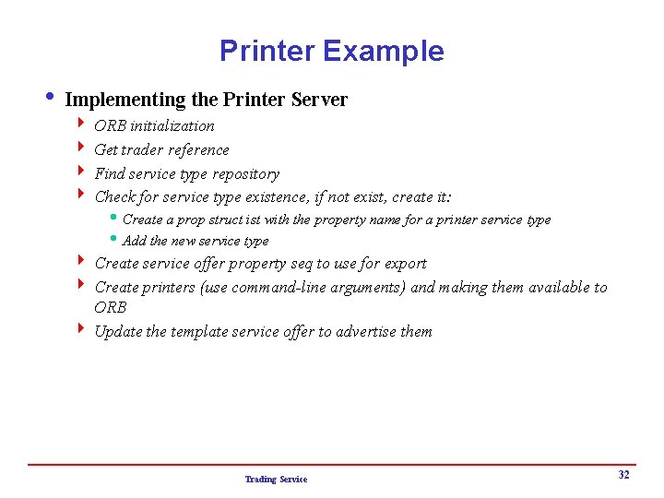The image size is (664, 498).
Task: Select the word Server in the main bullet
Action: pyautogui.click(x=319, y=99)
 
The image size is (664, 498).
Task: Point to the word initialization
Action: pyautogui.click(x=172, y=125)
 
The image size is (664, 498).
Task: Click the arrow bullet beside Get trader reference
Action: pyautogui.click(x=82, y=148)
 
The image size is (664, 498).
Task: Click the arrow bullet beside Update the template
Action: pyautogui.click(x=82, y=329)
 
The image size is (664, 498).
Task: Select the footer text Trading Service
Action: pyautogui.click(x=276, y=480)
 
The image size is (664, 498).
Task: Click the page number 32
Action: pyautogui.click(x=623, y=475)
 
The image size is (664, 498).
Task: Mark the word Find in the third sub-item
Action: pyautogui.click(x=109, y=173)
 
